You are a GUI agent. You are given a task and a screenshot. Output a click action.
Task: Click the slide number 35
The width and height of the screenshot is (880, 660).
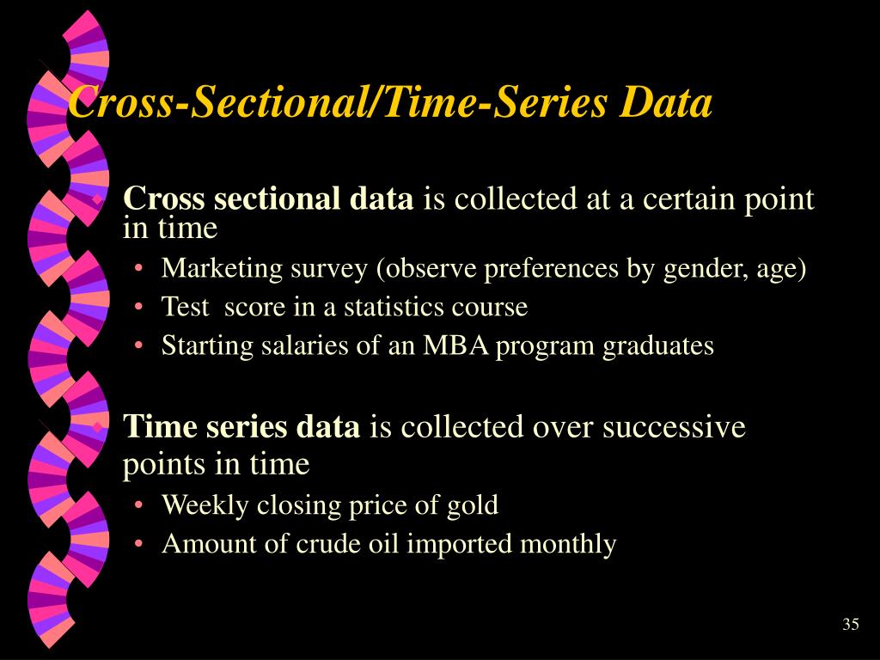pyautogui.click(x=850, y=624)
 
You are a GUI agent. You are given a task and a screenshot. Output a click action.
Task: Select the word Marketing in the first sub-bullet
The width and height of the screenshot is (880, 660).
pyautogui.click(x=223, y=269)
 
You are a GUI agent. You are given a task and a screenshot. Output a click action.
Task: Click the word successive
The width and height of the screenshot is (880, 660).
pyautogui.click(x=674, y=426)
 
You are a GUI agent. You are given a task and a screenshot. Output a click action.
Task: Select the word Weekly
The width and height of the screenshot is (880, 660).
pyautogui.click(x=205, y=505)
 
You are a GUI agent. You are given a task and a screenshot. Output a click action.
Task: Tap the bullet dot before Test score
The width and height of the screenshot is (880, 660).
pyautogui.click(x=138, y=308)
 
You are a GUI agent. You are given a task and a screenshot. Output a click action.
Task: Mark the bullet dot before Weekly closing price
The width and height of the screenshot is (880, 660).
pyautogui.click(x=138, y=505)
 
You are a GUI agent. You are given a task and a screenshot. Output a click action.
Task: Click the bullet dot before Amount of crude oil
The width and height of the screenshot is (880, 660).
pyautogui.click(x=138, y=544)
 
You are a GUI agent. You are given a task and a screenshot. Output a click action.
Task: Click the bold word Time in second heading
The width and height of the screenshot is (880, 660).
pyautogui.click(x=160, y=426)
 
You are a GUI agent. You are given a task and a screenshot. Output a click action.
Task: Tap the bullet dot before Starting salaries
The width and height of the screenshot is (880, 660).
pyautogui.click(x=138, y=345)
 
